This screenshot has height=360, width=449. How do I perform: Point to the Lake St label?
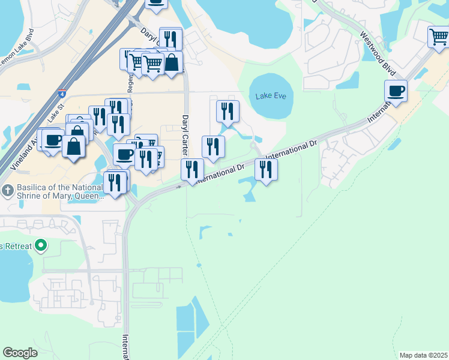pos(56,112)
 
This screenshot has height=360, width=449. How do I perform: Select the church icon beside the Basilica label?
pos(7,191)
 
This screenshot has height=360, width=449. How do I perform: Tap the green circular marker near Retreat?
pos(41,245)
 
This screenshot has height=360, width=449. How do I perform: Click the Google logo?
pos(20,353)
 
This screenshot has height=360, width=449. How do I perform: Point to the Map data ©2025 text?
pos(423,355)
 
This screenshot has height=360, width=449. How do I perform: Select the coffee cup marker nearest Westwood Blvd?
pos(396,92)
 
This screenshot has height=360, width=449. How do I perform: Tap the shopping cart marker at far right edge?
pos(438,37)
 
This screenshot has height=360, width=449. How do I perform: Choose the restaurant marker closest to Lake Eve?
pos(228,111)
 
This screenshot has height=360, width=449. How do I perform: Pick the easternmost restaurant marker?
pos(266,170)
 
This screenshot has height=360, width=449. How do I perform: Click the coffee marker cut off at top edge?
pos(156,4)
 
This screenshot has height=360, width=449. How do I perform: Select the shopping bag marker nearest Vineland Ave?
pos(73,146)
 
